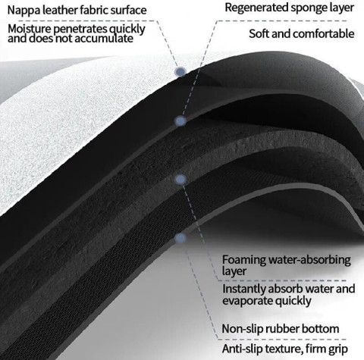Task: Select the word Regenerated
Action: [256, 8]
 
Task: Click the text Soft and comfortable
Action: [301, 33]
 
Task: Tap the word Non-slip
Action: [242, 329]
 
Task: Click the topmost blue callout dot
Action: [180, 71]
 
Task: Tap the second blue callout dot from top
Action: [180, 121]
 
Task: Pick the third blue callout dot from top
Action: [180, 180]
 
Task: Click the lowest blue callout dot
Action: [180, 238]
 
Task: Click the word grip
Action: [339, 349]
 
